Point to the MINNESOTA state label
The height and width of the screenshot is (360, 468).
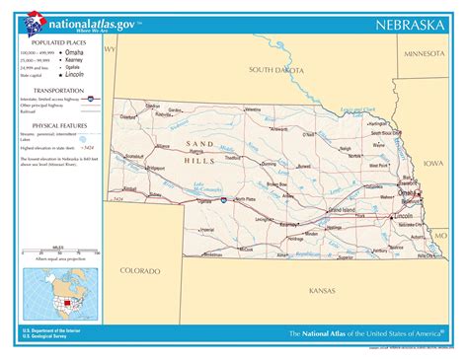[425, 53]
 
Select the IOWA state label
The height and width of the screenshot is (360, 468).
[433, 163]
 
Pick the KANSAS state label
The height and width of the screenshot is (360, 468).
[322, 291]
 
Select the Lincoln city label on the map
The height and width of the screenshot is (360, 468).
[403, 215]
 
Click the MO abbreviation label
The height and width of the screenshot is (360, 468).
[440, 237]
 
